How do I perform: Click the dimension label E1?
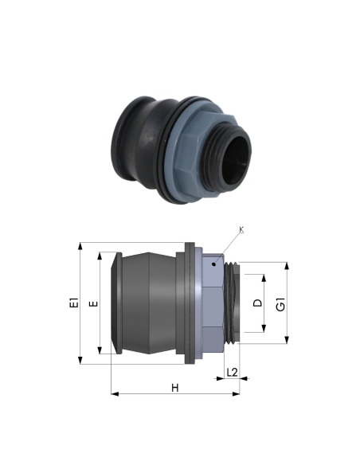pos(74,303)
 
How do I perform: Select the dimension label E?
pos(94,303)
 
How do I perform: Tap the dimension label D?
pos(258,303)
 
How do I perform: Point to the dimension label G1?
pos(280,304)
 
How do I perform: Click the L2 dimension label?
pos(232,373)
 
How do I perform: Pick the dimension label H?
pos(175,388)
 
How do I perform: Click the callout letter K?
pos(241,229)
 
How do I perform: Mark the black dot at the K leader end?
pos(213,264)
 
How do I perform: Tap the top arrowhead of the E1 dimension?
pos(80,247)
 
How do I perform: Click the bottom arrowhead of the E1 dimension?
pos(80,360)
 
